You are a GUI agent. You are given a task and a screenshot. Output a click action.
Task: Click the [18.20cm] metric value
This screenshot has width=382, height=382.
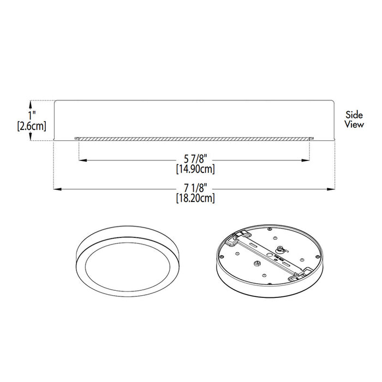click(195, 198)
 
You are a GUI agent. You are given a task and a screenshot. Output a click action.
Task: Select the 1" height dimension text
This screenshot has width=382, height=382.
click(33, 115)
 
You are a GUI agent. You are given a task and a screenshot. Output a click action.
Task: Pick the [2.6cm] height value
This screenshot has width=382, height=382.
click(32, 126)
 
